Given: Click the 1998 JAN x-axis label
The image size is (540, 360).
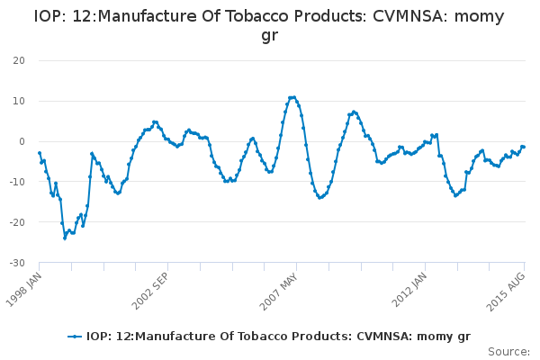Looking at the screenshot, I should [x=24, y=287].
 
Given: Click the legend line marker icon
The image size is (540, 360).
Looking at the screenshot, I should [x=76, y=337].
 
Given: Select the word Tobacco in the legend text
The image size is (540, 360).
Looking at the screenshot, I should [x=238, y=337].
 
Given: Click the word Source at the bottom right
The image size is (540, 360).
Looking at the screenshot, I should [x=508, y=351].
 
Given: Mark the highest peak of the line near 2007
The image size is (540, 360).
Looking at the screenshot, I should [x=292, y=97].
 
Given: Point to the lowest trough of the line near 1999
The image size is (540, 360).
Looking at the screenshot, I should [x=65, y=238].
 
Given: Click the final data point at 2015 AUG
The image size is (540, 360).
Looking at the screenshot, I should [x=524, y=147].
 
